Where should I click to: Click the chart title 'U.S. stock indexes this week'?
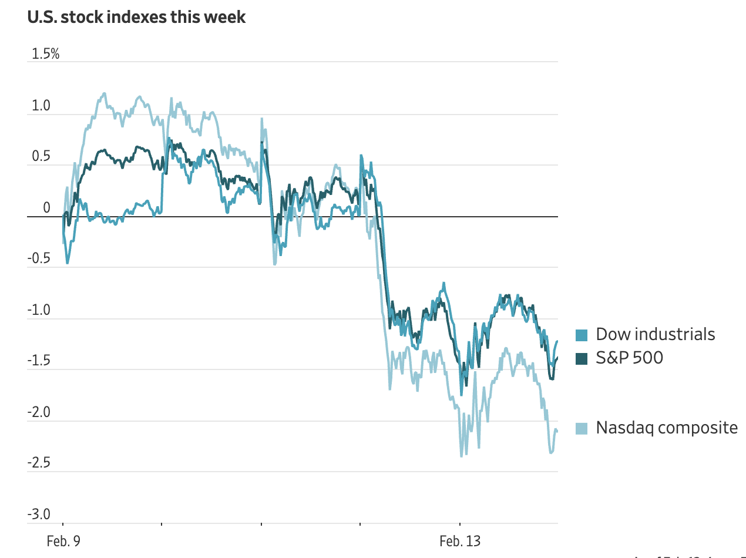click(136, 17)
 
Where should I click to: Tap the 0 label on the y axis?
click(46, 208)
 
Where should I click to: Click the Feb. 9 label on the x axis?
click(63, 541)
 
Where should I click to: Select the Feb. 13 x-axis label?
click(459, 541)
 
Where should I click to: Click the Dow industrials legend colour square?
click(581, 335)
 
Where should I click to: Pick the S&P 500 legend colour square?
click(581, 358)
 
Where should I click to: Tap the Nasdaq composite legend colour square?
click(581, 428)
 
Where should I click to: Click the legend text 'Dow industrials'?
click(656, 335)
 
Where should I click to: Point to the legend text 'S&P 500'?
click(629, 357)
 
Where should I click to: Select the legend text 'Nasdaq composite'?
click(667, 428)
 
